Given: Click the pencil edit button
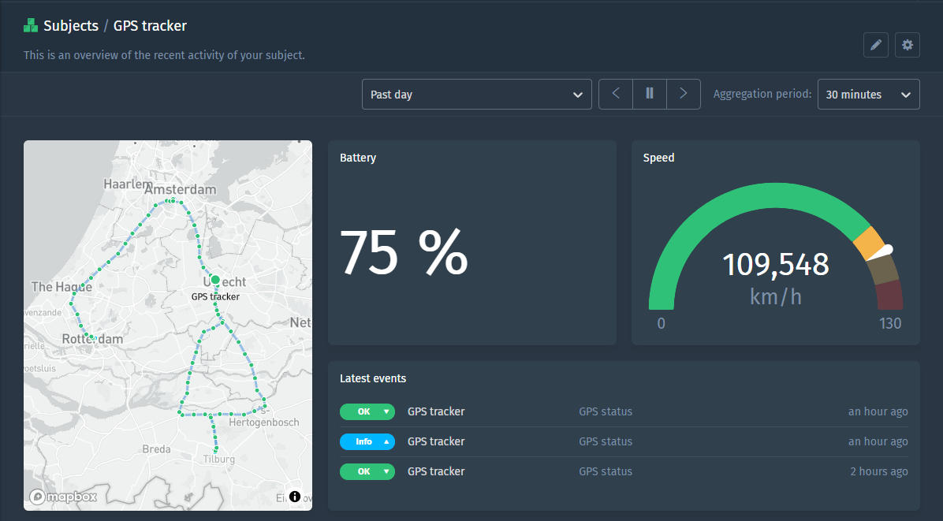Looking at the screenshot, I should click(875, 46).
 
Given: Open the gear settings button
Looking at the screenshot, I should click(908, 46).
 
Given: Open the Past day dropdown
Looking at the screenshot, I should click(476, 95).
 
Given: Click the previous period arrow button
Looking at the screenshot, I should click(616, 94).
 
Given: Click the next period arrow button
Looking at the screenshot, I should click(684, 94).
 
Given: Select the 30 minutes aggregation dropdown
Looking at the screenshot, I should click(868, 95).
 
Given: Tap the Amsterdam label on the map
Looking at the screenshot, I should click(180, 190).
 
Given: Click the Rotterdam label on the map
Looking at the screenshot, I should click(92, 339).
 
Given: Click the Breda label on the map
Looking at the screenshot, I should click(156, 449).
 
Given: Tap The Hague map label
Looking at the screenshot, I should click(61, 287).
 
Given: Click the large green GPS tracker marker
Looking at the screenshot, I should click(215, 280).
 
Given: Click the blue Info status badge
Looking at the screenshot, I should click(367, 441).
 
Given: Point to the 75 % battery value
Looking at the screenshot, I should click(404, 252).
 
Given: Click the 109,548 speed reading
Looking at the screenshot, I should click(776, 265).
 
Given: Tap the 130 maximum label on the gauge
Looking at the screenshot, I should click(890, 323).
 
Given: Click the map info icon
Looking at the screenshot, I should click(295, 497).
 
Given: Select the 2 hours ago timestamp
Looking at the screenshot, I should click(878, 471).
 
